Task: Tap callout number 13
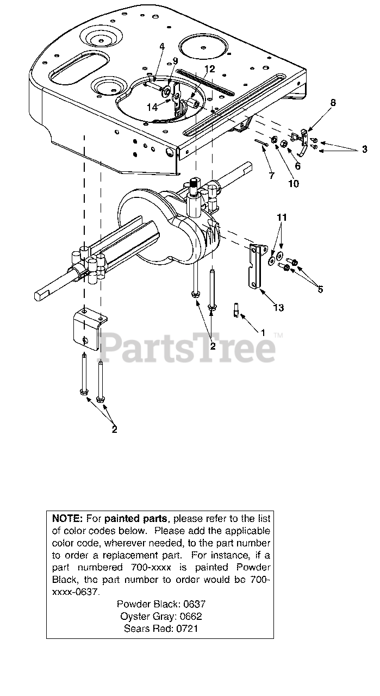(278, 308)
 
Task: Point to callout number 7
(271, 176)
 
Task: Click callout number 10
(293, 183)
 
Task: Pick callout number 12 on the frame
(210, 69)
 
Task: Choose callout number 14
(152, 107)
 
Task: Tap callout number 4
(161, 47)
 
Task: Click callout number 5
(320, 289)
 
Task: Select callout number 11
(281, 217)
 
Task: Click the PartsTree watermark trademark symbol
(278, 336)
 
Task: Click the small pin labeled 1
(238, 308)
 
